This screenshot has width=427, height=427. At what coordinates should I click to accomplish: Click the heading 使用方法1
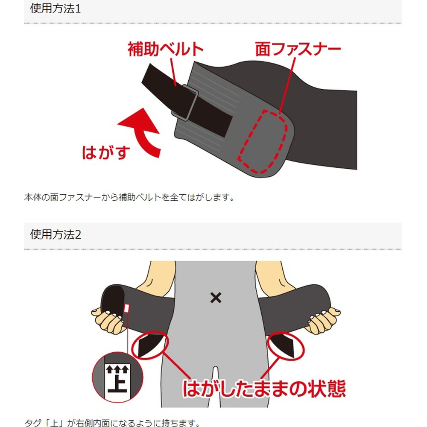point(55,9)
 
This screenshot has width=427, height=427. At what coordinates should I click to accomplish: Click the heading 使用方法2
point(55,234)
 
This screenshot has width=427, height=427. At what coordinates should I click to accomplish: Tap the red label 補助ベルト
point(166,49)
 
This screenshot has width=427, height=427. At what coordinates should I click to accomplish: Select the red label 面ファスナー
point(298,49)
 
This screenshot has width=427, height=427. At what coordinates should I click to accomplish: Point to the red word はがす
point(106,152)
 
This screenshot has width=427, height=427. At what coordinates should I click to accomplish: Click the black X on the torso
point(216,298)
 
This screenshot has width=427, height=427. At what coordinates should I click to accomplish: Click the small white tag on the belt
point(126,308)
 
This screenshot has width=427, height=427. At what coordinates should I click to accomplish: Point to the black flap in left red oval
point(150,345)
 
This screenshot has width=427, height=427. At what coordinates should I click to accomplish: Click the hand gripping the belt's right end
point(323,320)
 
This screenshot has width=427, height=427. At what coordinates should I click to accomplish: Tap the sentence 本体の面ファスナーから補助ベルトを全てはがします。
point(129,197)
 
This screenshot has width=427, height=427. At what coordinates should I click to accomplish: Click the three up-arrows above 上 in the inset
point(117,369)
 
